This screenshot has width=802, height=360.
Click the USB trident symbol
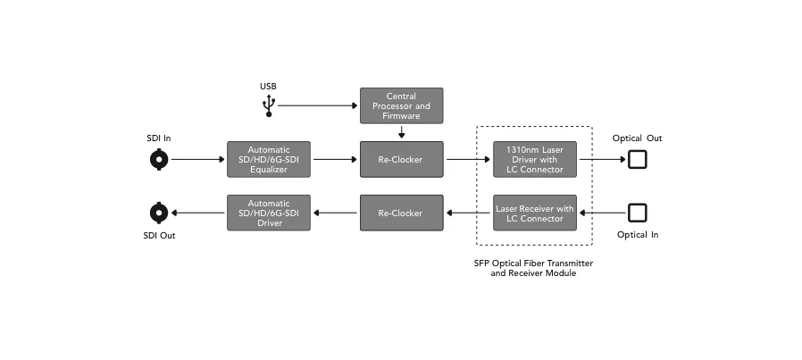(269, 105)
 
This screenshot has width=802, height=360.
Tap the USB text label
(268, 87)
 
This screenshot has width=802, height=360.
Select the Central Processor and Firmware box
(402, 105)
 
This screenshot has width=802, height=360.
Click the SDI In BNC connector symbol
(159, 160)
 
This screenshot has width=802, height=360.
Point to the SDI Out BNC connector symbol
(159, 213)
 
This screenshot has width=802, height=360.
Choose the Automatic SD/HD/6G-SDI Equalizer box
(269, 160)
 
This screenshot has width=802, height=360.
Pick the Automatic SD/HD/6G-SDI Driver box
(269, 213)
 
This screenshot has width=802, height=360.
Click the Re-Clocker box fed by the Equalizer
(402, 160)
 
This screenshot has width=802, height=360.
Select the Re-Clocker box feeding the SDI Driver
(402, 213)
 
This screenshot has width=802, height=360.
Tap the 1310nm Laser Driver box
(534, 160)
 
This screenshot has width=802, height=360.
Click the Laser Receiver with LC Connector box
(534, 213)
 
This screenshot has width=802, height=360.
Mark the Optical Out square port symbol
(638, 160)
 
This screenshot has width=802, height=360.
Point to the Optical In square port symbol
(638, 213)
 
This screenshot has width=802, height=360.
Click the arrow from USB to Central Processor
(318, 105)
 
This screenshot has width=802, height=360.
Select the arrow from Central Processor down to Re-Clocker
(402, 132)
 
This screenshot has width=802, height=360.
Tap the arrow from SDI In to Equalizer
(198, 160)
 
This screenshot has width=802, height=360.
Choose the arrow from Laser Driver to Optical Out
(603, 160)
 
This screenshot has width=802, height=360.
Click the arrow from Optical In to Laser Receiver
(603, 213)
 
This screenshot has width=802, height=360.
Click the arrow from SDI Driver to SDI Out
(198, 213)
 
